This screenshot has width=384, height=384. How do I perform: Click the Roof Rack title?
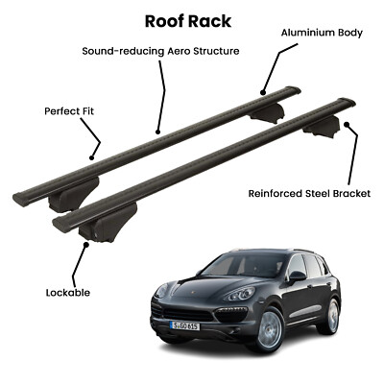pyautogui.click(x=188, y=22)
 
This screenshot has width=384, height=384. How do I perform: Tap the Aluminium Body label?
pyautogui.click(x=322, y=33)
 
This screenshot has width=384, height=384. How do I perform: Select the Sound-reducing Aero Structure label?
pyautogui.click(x=160, y=51)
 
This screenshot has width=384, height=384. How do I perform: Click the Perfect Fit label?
pyautogui.click(x=69, y=111)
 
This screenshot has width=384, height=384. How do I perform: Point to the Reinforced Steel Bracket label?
pyautogui.click(x=309, y=194)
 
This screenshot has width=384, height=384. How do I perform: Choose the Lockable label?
pyautogui.click(x=68, y=293)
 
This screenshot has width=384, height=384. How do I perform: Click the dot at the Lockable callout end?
pyautogui.click(x=86, y=245)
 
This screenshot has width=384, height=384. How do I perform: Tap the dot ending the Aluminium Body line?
pyautogui.click(x=263, y=93)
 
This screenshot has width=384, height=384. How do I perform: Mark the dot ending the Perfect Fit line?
pyautogui.click(x=91, y=157)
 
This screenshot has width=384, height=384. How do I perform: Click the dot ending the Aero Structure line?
pyautogui.click(x=157, y=132)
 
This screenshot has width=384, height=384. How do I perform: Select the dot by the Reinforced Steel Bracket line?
pyautogui.click(x=346, y=124)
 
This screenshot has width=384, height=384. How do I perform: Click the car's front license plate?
pyautogui.click(x=184, y=325)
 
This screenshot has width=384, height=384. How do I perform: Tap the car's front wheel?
pyautogui.click(x=270, y=329)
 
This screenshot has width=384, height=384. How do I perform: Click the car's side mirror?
pyautogui.click(x=297, y=276)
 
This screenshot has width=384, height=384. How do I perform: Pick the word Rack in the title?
pyautogui.click(x=209, y=22)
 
